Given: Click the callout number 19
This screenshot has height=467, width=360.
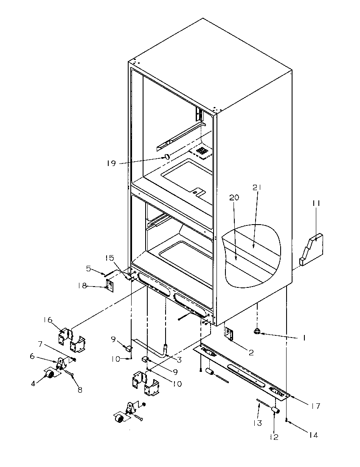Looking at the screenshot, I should [111, 163].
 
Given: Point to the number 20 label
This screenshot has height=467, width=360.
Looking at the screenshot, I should [235, 197].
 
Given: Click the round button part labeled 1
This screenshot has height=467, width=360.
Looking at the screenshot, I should [256, 332].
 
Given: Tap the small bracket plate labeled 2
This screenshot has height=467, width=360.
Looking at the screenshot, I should [229, 334].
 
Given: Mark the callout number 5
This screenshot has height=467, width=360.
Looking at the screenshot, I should [88, 268].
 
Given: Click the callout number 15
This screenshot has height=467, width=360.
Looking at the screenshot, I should [109, 258].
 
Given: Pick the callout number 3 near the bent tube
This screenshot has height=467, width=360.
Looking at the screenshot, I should [180, 360].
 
